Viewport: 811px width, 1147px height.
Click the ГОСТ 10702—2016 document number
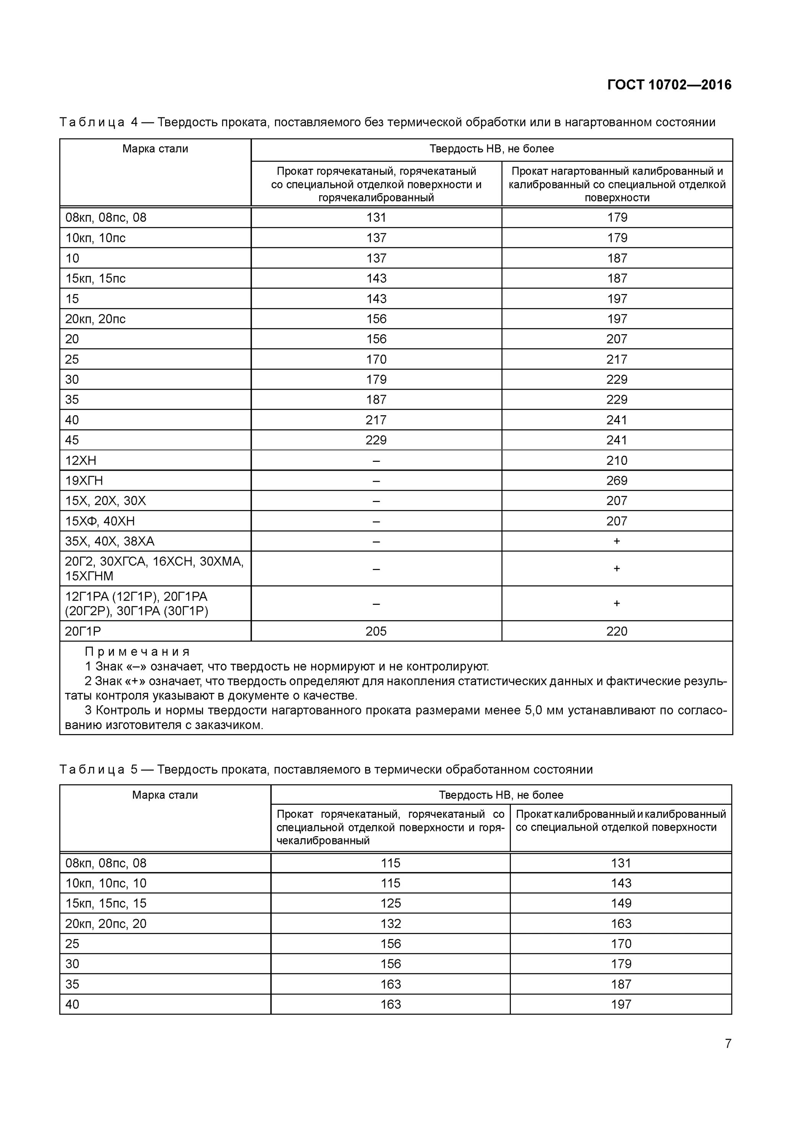pyautogui.click(x=669, y=85)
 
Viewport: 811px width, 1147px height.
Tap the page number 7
pyautogui.click(x=728, y=1043)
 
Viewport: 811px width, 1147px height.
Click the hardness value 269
pyautogui.click(x=617, y=481)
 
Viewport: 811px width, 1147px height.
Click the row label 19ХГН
pyautogui.click(x=84, y=481)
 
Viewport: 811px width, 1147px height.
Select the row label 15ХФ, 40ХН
pyautogui.click(x=100, y=521)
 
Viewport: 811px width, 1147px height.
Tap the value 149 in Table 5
pyautogui.click(x=621, y=903)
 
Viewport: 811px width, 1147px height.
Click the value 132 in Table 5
pyautogui.click(x=390, y=923)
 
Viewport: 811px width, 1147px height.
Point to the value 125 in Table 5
pyautogui.click(x=390, y=903)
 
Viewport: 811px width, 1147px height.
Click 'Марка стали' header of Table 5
pyautogui.click(x=165, y=795)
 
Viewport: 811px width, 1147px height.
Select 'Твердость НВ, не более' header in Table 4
pyautogui.click(x=492, y=149)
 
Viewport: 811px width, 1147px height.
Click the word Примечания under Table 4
pyautogui.click(x=137, y=651)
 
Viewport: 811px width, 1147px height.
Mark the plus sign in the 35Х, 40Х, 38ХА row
pyautogui.click(x=617, y=541)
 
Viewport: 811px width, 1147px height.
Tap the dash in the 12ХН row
pyautogui.click(x=376, y=461)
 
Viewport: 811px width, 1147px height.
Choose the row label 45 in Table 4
pyautogui.click(x=72, y=440)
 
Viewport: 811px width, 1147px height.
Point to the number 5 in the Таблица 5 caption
pyautogui.click(x=134, y=769)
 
